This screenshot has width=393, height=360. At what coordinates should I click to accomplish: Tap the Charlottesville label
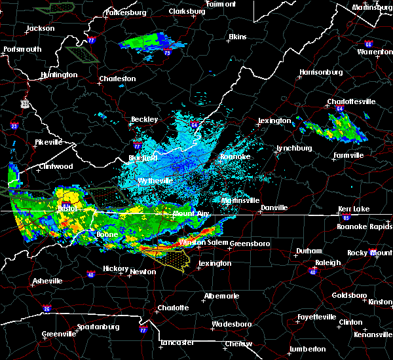(x=351, y=101)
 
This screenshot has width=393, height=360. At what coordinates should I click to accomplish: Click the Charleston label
(x=117, y=79)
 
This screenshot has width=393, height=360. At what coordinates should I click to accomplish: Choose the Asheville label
(x=48, y=281)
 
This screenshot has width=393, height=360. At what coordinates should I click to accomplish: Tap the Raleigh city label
(x=328, y=262)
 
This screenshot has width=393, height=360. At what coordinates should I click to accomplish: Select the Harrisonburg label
(x=321, y=71)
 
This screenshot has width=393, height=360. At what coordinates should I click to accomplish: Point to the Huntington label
(x=58, y=75)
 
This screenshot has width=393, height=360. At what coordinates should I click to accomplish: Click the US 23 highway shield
(x=24, y=103)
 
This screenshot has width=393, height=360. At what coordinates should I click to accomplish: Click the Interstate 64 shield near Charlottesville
(x=339, y=109)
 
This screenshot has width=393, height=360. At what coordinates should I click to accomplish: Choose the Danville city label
(x=274, y=207)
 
